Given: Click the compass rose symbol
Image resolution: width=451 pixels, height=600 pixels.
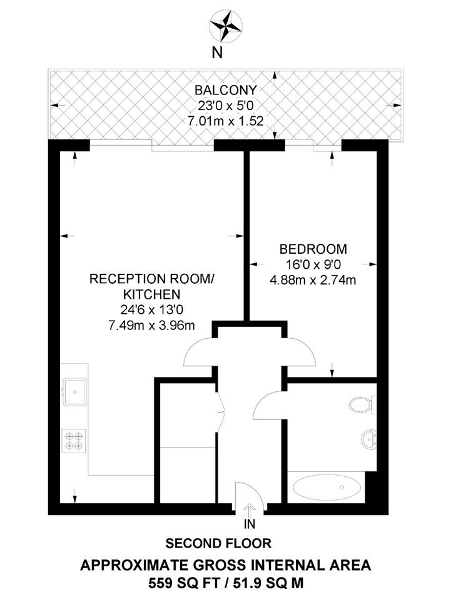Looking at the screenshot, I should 226,25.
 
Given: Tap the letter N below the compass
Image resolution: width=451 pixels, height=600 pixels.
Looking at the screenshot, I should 217,53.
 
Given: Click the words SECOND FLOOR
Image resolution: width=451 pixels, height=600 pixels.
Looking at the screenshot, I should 219,543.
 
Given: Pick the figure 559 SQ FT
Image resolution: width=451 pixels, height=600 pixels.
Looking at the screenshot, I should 173,584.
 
